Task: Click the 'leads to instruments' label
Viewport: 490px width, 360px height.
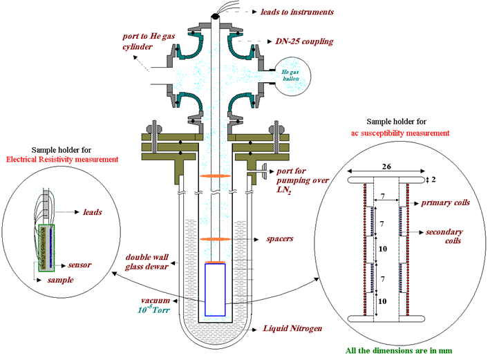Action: (296, 11)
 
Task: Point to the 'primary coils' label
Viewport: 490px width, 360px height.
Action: (449, 204)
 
